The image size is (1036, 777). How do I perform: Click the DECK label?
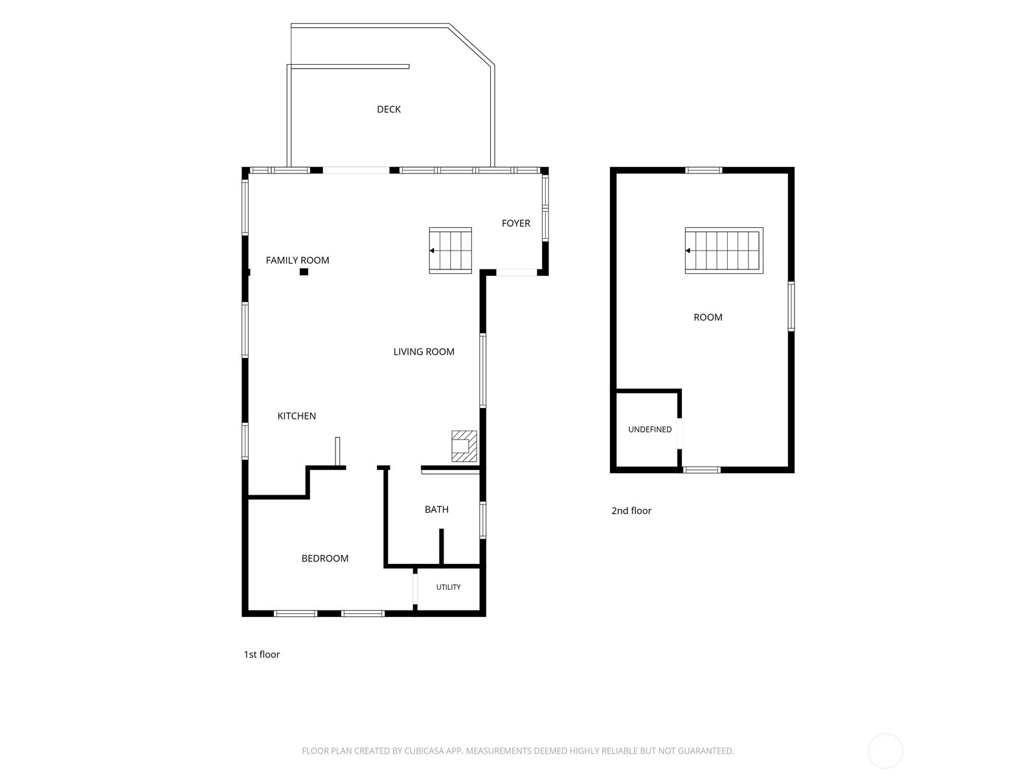click(388, 109)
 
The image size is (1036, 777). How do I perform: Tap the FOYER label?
click(516, 223)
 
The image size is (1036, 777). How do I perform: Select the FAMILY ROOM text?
click(297, 260)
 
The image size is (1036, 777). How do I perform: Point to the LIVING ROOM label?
click(424, 352)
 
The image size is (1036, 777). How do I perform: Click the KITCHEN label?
click(297, 416)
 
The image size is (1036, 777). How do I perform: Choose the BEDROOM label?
click(325, 558)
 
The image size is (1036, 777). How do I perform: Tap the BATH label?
click(436, 509)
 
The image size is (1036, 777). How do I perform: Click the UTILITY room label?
click(448, 587)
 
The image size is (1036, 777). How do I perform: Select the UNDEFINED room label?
click(650, 429)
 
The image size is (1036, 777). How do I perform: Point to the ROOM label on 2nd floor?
click(708, 317)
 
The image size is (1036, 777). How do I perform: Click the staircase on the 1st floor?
click(450, 251)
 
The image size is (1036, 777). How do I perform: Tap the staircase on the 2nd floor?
click(724, 251)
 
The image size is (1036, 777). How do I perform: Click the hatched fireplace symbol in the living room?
click(464, 446)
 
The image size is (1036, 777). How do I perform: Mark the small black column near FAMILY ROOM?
click(304, 272)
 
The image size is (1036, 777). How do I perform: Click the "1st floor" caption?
click(262, 655)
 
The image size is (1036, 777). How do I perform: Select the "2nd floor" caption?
click(631, 510)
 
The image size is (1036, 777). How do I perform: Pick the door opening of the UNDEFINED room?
click(680, 433)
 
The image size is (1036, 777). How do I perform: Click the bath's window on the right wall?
click(482, 521)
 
